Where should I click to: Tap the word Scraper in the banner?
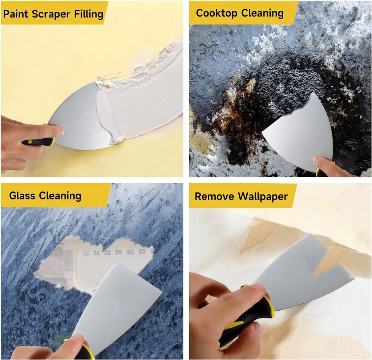tap(50, 15)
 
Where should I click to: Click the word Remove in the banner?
tap(214, 197)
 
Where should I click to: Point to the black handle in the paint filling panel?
tap(36, 142)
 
